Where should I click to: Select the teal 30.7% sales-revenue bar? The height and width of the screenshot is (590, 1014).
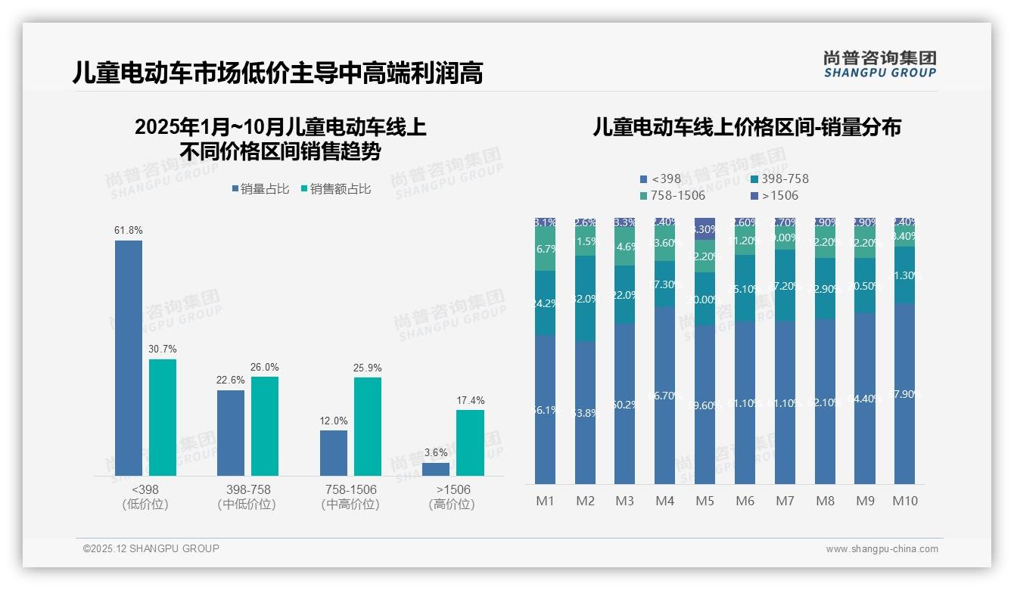click(x=163, y=417)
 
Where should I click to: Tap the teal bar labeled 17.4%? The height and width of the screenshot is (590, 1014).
click(x=470, y=442)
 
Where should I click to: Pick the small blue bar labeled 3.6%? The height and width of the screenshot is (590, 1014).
click(x=436, y=469)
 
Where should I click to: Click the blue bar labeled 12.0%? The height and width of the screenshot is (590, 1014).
click(x=334, y=453)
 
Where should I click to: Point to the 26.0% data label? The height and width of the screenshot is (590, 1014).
click(x=264, y=368)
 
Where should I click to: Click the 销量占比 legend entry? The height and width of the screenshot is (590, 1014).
click(x=260, y=189)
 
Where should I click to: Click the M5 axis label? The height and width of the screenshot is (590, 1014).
click(x=704, y=501)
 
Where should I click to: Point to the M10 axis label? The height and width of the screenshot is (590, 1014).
click(x=904, y=501)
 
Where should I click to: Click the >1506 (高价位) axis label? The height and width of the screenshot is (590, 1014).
click(x=453, y=497)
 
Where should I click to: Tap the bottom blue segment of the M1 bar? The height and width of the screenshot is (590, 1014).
click(x=545, y=409)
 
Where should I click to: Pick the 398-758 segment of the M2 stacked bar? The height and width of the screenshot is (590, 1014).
click(x=585, y=298)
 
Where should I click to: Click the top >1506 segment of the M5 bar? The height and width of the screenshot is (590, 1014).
click(x=705, y=228)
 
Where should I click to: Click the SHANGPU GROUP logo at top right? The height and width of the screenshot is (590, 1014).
click(x=879, y=64)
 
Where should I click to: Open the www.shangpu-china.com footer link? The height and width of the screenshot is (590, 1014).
click(x=882, y=549)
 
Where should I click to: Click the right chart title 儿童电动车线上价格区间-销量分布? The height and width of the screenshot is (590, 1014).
click(x=746, y=127)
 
